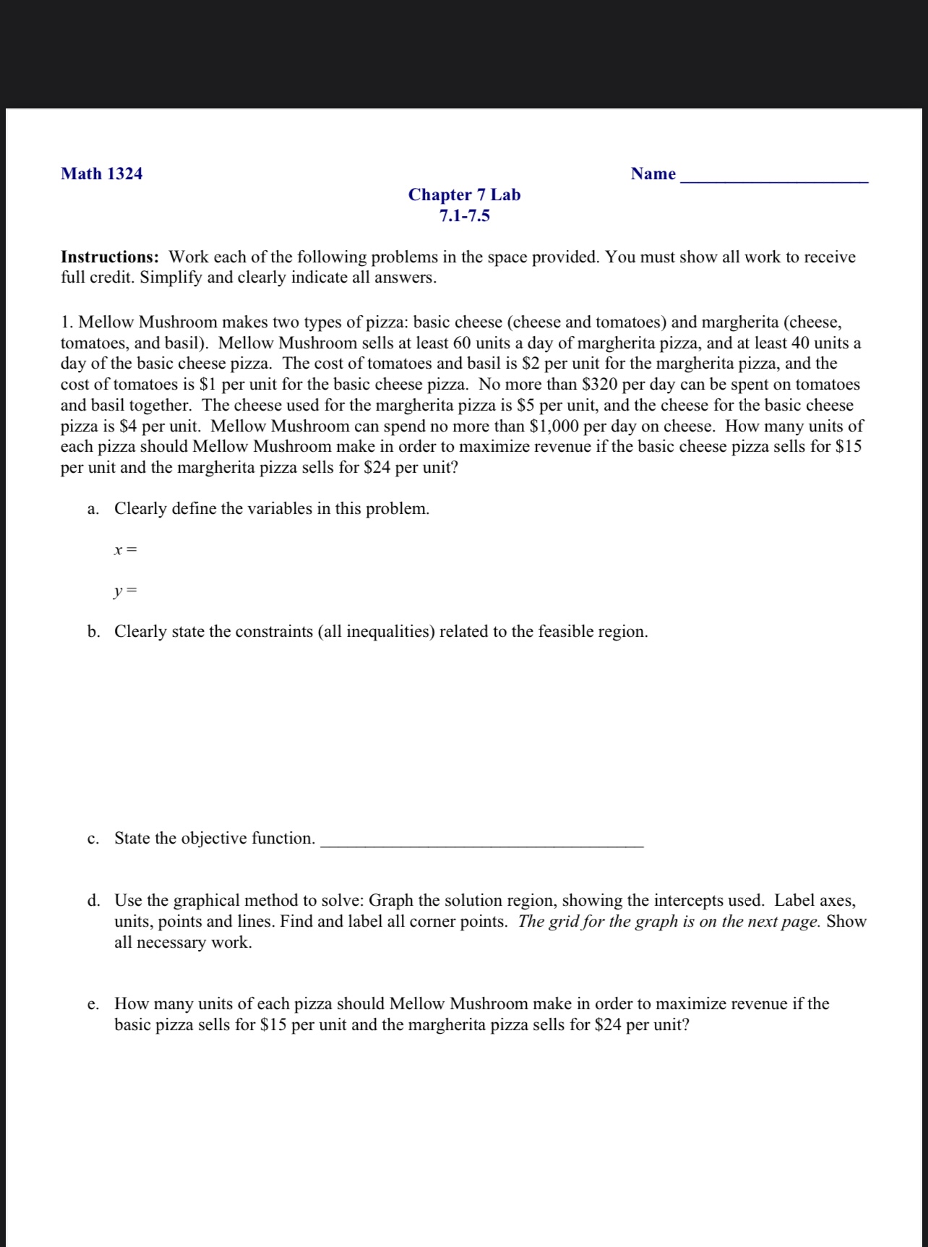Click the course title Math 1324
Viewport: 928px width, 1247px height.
[x=102, y=173]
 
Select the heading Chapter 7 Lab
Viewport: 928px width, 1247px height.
[x=464, y=194]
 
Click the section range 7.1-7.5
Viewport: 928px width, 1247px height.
[x=464, y=215]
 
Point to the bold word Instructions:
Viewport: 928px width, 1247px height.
[x=110, y=257]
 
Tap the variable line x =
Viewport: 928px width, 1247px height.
[x=125, y=550]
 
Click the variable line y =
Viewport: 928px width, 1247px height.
[x=125, y=592]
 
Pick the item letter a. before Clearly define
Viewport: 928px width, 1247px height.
[x=93, y=509]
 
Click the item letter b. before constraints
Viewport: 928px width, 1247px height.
[x=93, y=632]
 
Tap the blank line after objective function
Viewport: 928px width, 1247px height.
[x=481, y=841]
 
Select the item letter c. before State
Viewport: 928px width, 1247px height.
[x=93, y=839]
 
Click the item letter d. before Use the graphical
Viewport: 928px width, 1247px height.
[x=93, y=901]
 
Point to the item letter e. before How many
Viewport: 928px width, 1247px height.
[x=93, y=1004]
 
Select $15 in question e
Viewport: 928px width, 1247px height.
[x=273, y=1025]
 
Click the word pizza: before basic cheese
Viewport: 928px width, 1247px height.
[x=387, y=322]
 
